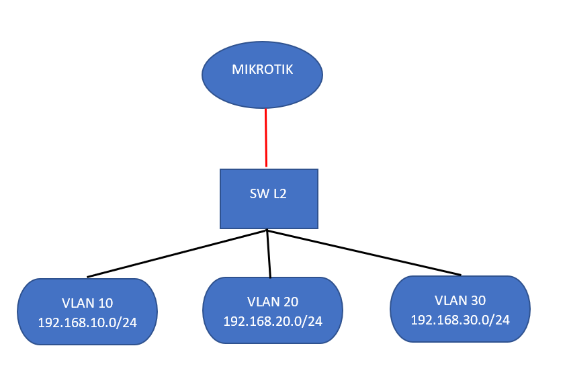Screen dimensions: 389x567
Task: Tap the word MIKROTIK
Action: click(262, 69)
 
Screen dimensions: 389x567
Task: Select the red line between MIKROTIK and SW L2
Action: click(266, 138)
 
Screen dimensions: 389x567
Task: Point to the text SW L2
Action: click(269, 194)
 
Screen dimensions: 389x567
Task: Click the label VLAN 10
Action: click(87, 303)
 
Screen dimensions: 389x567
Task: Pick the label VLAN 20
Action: click(273, 302)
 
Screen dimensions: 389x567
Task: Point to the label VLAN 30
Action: click(460, 300)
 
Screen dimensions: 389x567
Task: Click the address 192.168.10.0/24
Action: click(87, 322)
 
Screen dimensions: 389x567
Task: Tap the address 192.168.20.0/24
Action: click(273, 321)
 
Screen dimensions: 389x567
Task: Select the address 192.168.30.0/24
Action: click(460, 319)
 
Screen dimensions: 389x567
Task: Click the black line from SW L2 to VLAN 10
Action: click(177, 253)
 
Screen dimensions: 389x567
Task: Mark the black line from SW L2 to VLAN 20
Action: click(269, 254)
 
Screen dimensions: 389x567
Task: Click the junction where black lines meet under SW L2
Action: click(267, 230)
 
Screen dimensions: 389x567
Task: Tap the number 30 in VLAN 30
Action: click(477, 300)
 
